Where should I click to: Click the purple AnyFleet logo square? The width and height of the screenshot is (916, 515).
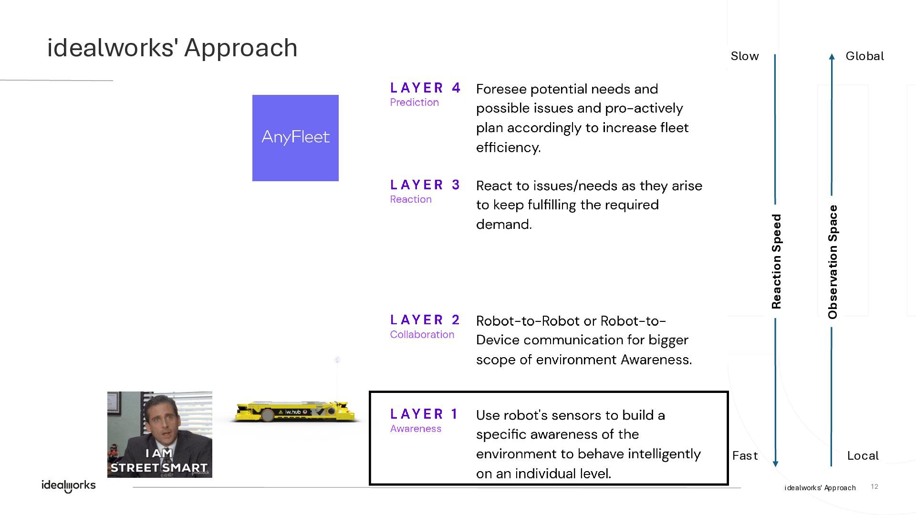pos(295,138)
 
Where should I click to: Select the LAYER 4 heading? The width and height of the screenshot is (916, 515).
pos(425,88)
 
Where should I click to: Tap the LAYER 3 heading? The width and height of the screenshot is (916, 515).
pos(425,185)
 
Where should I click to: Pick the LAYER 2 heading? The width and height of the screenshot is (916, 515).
pos(425,320)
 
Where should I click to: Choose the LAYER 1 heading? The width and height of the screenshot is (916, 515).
pos(424,414)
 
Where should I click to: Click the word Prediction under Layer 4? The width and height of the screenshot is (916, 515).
pos(414,103)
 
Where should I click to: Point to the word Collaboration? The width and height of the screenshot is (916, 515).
pos(422,335)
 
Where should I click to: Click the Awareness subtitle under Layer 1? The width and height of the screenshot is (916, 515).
pos(416,429)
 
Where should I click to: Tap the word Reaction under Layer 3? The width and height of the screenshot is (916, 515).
pos(411,199)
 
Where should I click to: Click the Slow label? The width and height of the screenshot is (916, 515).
pos(745,56)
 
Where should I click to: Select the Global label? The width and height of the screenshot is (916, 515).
pos(864,56)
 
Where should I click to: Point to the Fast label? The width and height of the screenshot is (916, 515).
pos(745,456)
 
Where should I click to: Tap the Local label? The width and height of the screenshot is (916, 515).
pos(863,456)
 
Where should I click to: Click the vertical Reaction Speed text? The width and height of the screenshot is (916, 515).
pos(777,261)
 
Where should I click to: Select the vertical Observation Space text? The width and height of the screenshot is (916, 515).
pos(833,262)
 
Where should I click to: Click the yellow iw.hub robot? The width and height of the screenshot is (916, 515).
pos(295,412)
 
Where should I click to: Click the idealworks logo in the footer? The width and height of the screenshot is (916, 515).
pos(69,485)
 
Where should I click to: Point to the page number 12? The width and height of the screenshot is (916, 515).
pos(874,486)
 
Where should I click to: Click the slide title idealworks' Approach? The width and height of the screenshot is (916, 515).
pos(172,48)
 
